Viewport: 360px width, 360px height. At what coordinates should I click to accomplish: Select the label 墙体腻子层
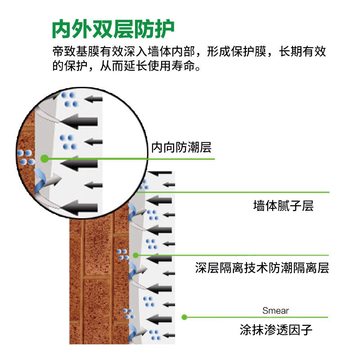click(x=283, y=206)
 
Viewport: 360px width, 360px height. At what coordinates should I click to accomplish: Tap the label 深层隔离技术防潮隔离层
click(x=262, y=269)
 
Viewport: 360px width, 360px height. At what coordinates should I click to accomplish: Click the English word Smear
click(x=275, y=310)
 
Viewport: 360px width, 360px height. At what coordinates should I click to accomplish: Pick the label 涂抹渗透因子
click(x=276, y=331)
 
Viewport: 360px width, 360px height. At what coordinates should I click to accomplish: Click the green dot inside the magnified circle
click(x=44, y=158)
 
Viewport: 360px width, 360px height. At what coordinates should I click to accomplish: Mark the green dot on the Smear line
click(x=184, y=317)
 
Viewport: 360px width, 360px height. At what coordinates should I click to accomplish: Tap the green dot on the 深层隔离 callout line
click(x=135, y=255)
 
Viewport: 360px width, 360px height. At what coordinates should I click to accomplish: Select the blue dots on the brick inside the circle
click(x=25, y=157)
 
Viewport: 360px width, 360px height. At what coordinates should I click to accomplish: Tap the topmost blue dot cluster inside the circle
click(x=69, y=99)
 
